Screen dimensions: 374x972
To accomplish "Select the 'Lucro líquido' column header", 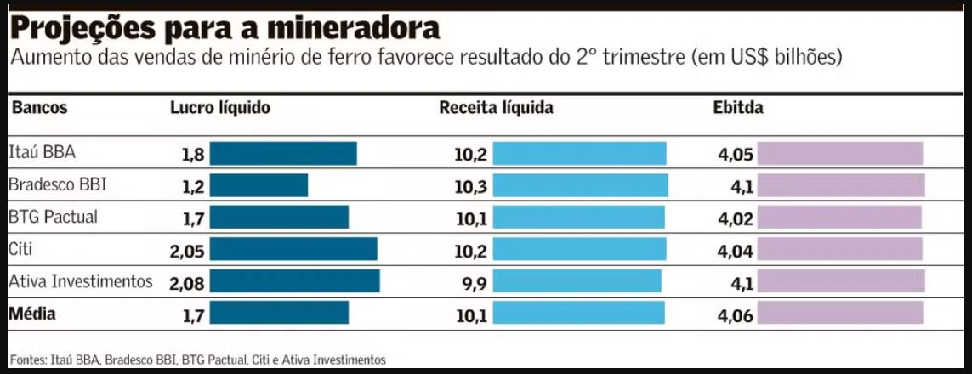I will click(x=219, y=108).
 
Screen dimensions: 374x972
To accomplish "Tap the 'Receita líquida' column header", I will click(x=496, y=108).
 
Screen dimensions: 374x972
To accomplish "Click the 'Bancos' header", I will click(x=39, y=108).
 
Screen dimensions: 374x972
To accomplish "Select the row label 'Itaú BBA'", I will click(x=42, y=153).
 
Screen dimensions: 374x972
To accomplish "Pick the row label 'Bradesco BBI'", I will click(x=58, y=184).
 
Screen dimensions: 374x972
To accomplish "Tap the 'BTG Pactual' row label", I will click(x=53, y=217).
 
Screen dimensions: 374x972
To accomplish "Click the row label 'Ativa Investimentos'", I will click(x=80, y=280).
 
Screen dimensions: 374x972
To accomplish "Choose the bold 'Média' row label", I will click(x=32, y=314).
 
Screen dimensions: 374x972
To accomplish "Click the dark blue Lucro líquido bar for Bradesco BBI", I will click(x=259, y=185).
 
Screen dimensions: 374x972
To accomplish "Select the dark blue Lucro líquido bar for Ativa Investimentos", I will click(x=294, y=281).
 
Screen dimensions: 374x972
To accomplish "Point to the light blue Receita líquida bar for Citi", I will click(x=579, y=249).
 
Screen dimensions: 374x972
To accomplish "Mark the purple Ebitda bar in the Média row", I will click(x=839, y=314).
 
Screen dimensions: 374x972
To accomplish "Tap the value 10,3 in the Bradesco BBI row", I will click(x=470, y=186).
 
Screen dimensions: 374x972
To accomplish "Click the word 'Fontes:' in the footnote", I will click(x=28, y=360).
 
